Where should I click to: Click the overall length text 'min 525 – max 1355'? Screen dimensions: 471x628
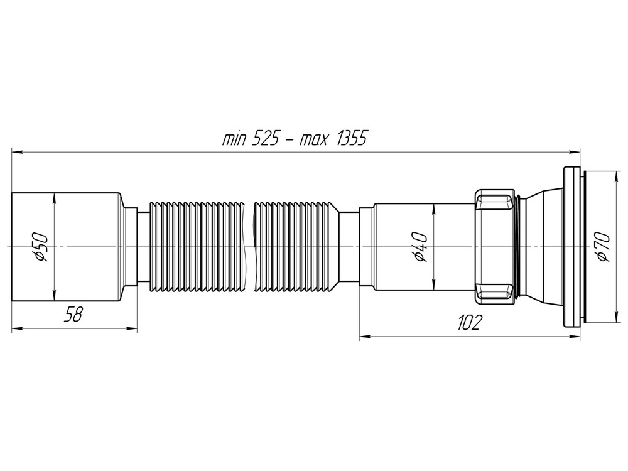click(x=294, y=139)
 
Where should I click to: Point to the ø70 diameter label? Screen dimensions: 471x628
click(x=601, y=247)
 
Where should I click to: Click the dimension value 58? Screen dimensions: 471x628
click(x=74, y=315)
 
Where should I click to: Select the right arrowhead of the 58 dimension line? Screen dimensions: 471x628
click(x=133, y=327)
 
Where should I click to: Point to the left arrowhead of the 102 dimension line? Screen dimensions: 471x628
click(x=364, y=337)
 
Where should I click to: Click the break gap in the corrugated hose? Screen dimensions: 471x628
click(x=249, y=247)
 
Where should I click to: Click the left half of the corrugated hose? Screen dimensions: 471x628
click(x=195, y=247)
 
